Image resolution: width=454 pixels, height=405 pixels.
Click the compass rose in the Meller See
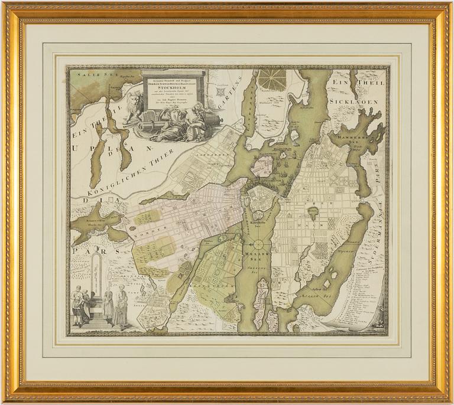click(x=260, y=244)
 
